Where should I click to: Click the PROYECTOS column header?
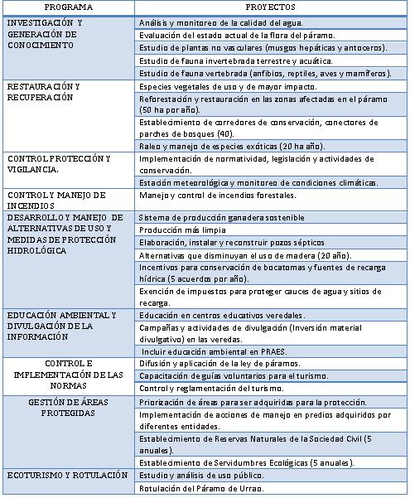[270, 7]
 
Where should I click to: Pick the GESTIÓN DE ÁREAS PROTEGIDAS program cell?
[68, 407]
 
